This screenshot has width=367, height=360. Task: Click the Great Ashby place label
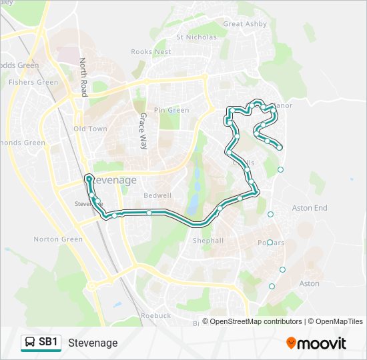click(x=245, y=24)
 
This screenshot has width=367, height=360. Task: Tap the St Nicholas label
click(x=196, y=37)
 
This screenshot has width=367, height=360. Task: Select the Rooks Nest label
click(x=151, y=51)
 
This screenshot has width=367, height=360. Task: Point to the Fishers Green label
click(x=33, y=83)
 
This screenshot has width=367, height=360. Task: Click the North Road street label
click(x=83, y=77)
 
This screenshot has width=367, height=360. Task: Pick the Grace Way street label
click(x=142, y=130)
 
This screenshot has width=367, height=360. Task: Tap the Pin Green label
click(x=171, y=110)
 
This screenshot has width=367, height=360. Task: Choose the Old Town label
click(x=90, y=129)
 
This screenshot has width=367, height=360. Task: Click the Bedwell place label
click(x=157, y=195)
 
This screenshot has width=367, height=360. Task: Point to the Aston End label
click(x=311, y=208)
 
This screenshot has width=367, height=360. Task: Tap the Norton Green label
click(x=58, y=239)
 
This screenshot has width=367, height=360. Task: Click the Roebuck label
click(x=155, y=315)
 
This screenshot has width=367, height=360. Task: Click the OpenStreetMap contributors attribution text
click(x=252, y=322)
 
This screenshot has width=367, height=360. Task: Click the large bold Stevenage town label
click(x=111, y=180)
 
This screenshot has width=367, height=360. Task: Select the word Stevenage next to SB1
click(x=93, y=343)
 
